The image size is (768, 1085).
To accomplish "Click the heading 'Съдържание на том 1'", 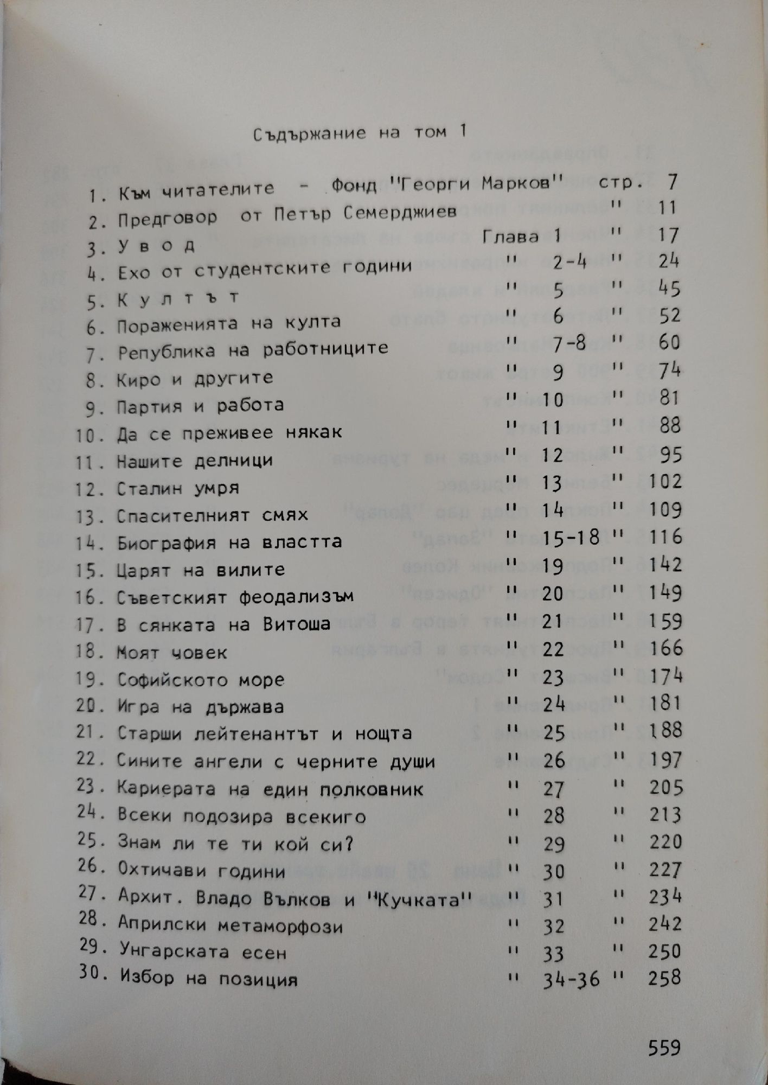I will [360, 133].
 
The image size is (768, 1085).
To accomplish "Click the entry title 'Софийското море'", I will [201, 679].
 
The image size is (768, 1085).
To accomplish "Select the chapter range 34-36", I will [571, 979].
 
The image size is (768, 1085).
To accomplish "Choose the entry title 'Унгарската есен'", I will [202, 952].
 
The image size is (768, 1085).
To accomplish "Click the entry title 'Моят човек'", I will [172, 652].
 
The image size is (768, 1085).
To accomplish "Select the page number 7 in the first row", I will [673, 182].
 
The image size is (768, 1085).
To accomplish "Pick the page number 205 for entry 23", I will [665, 787].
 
